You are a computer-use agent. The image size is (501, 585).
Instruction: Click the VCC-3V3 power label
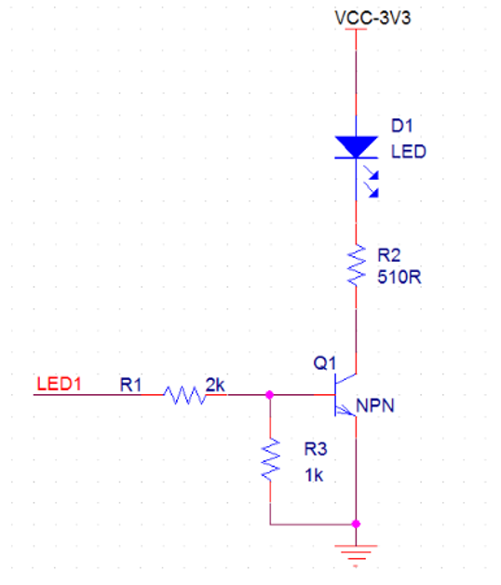pos(372,18)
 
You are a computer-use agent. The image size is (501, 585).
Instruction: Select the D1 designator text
pos(401,126)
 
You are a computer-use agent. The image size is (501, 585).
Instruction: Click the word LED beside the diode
pos(409,152)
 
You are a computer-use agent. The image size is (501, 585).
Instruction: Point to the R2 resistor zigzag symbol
pos(357,265)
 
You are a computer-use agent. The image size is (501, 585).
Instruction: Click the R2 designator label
pos(388,255)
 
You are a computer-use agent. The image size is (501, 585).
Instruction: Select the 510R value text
pos(399,278)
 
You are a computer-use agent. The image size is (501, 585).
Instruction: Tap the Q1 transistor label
pos(325,362)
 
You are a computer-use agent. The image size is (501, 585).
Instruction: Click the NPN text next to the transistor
pos(375,405)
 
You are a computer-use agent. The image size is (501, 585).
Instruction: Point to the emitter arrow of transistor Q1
pos(345,411)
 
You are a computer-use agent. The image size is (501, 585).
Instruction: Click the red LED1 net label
pos(59,384)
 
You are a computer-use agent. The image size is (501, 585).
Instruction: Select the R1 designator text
pos(130,385)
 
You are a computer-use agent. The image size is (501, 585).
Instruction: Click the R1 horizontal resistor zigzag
pos(184,395)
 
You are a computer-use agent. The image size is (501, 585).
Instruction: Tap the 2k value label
pos(215,385)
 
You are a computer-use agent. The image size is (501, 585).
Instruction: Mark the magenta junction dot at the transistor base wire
pos(269,395)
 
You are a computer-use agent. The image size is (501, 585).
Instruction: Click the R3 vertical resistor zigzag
pos(270,459)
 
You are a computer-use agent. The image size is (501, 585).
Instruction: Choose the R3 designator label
pos(316,449)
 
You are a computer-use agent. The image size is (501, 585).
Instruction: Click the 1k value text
pos(314,475)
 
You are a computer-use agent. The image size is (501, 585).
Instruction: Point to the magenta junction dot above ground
pos(357,524)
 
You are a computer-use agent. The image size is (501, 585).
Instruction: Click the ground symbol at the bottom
pos(357,554)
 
